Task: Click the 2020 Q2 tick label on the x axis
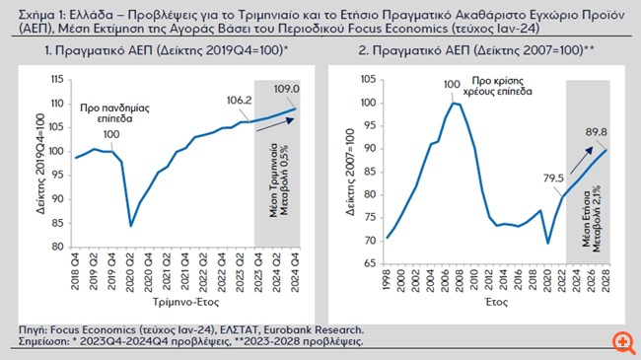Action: click(x=132, y=271)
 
